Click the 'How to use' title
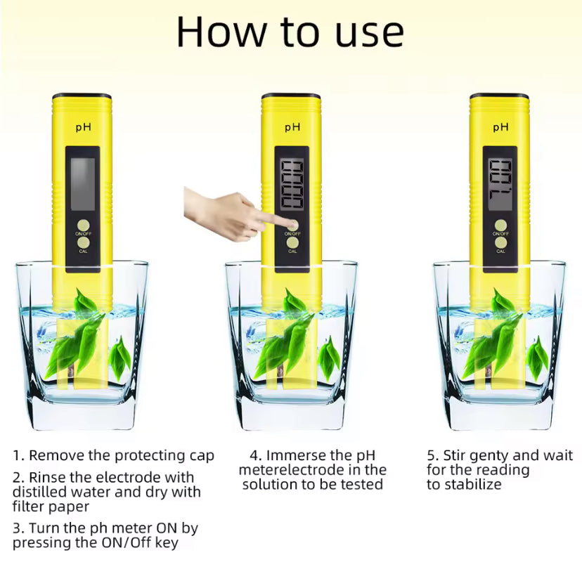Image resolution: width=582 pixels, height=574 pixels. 290,32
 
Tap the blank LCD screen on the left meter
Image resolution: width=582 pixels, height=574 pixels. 83,184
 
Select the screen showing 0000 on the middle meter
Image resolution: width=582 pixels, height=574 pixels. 292,184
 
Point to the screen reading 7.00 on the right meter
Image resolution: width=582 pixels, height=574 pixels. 500,184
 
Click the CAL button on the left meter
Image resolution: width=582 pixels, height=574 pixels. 83,242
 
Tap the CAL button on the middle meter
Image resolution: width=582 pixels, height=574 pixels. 292,242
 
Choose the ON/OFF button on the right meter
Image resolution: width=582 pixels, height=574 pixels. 500,226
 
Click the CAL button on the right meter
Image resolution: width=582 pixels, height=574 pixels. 500,242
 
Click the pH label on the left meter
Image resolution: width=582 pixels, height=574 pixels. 83,127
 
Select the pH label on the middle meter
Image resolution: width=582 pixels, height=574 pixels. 292,127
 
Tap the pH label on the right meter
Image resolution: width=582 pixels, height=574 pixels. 500,127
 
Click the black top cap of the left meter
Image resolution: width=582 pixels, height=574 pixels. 82,95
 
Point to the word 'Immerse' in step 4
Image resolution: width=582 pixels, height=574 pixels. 300,455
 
